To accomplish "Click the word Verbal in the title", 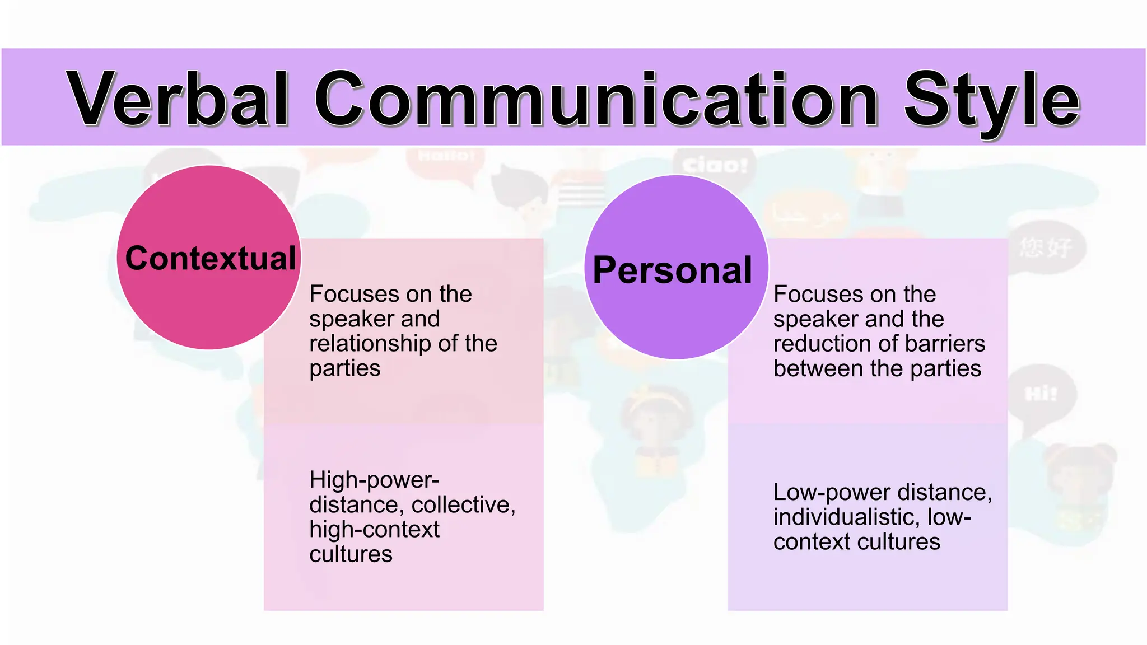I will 178,99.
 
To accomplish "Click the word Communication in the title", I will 597,99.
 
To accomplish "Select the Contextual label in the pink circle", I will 211,258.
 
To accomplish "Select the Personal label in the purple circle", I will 672,270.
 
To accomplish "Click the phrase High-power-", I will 374,480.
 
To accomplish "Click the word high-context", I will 374,529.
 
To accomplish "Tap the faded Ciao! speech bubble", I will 715,165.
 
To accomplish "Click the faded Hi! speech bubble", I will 1041,394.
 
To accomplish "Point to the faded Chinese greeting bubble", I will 1045,247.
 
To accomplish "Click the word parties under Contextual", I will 344,368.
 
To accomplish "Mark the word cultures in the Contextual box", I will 351,554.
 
